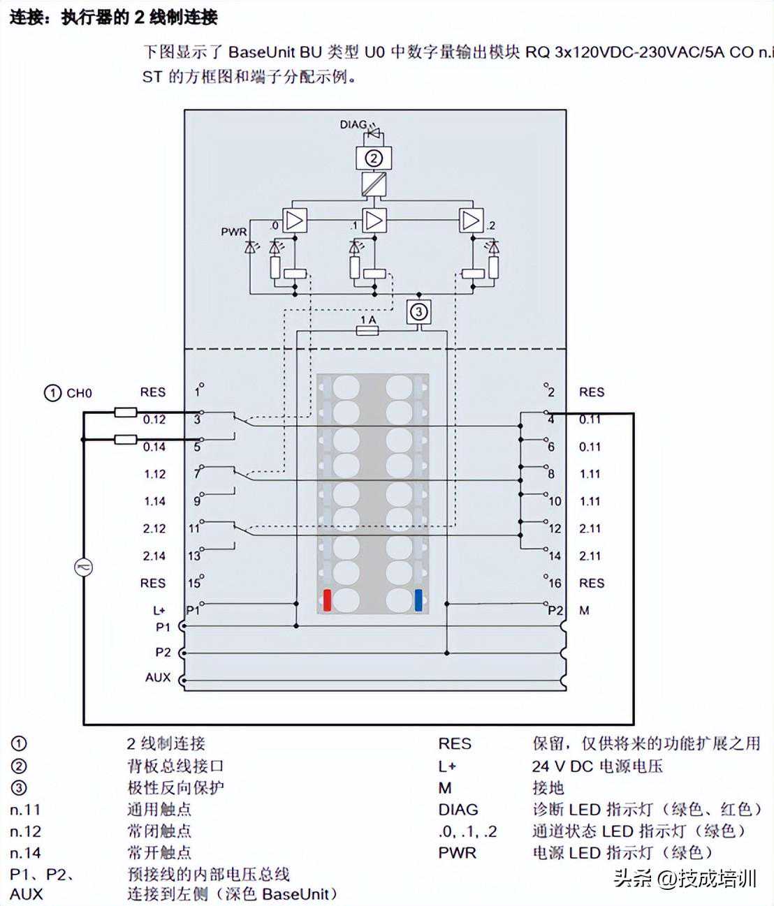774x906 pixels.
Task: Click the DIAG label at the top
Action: [353, 124]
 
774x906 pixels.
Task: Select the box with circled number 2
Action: [374, 158]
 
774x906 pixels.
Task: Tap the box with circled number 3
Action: [418, 311]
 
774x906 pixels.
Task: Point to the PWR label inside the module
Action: [234, 231]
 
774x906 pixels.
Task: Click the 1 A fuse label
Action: [367, 319]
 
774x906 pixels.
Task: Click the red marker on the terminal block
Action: [327, 600]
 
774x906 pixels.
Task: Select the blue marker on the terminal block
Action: [418, 600]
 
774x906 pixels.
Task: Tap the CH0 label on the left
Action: [79, 393]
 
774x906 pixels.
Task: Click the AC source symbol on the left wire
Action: [84, 567]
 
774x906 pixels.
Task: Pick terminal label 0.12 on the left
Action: [154, 419]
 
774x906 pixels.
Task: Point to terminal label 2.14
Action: [154, 556]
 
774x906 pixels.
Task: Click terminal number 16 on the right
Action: [555, 583]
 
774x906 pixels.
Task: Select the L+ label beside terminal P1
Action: [159, 611]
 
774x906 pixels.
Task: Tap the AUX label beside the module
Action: [158, 677]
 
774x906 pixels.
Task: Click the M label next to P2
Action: [584, 611]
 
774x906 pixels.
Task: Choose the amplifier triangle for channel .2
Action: [471, 221]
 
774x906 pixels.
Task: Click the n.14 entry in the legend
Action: [26, 852]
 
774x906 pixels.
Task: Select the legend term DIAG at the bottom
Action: [458, 810]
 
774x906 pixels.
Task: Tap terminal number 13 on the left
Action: [194, 556]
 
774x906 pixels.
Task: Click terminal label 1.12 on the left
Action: [154, 474]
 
